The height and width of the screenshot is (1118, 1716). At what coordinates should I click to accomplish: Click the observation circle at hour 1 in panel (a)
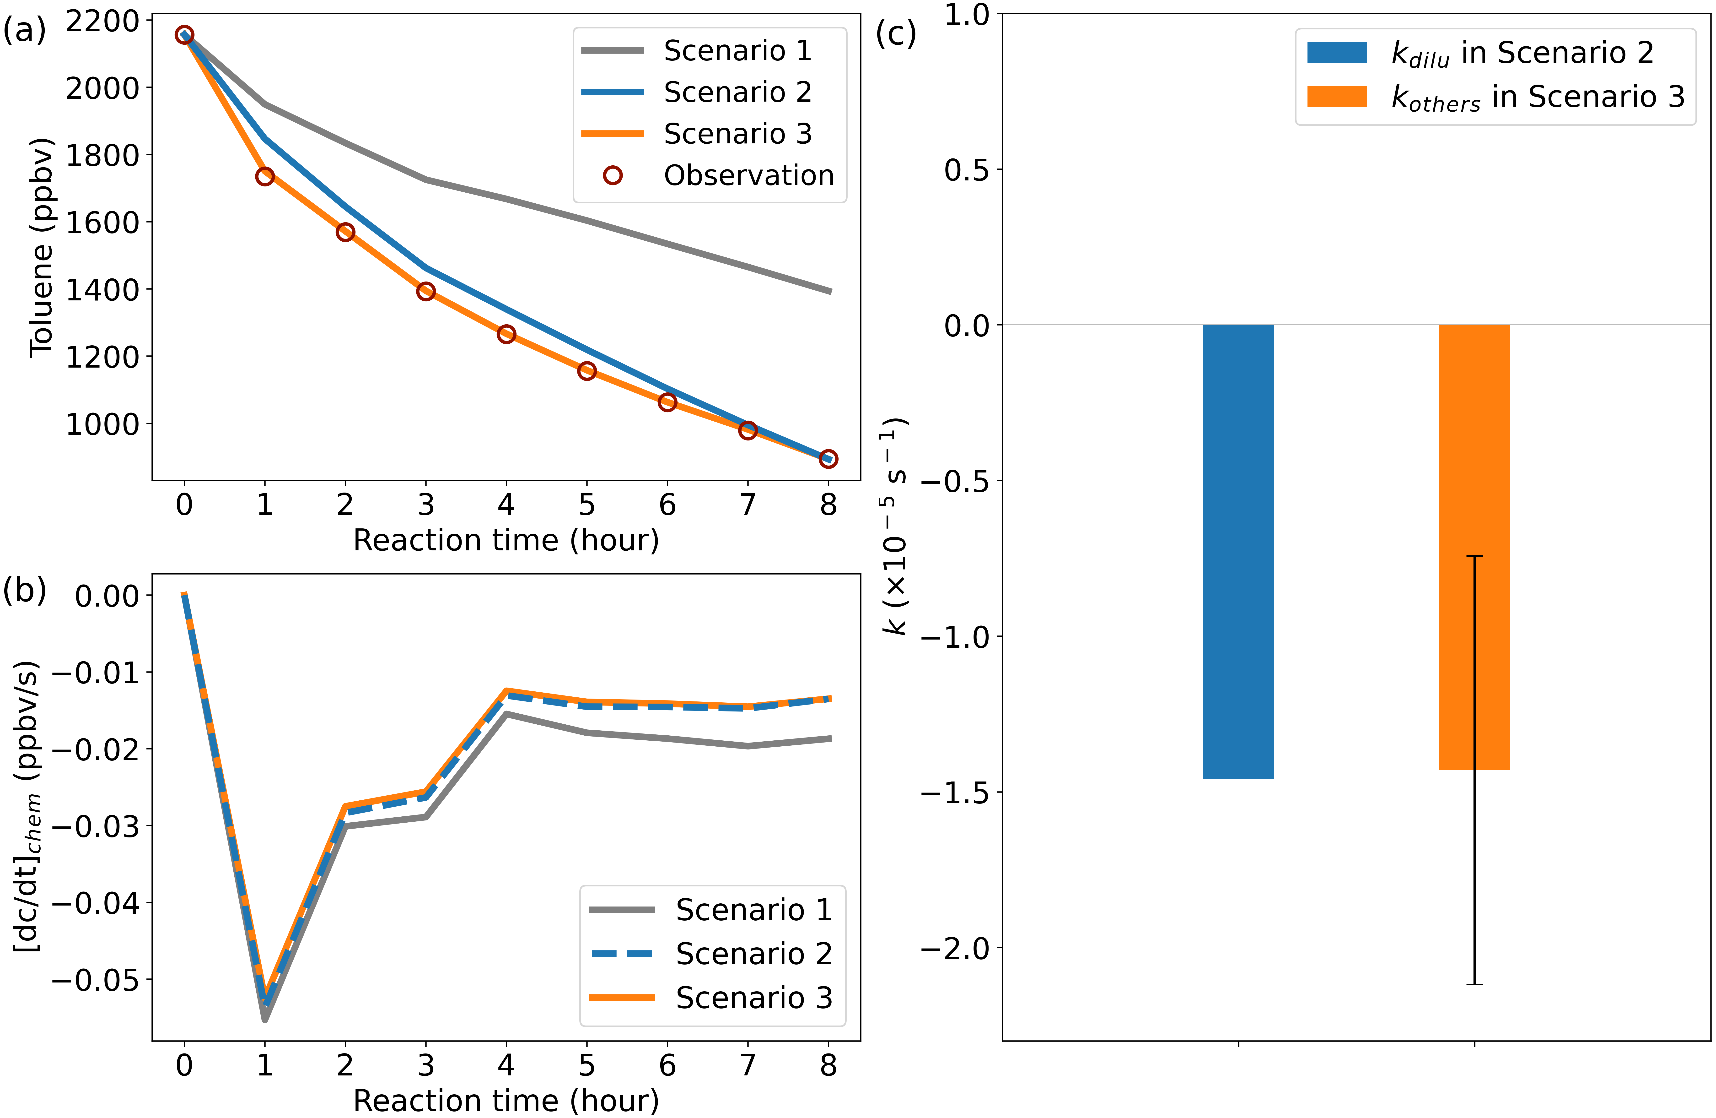tap(265, 176)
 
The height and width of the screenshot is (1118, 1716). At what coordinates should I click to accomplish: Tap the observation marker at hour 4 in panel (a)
tap(506, 334)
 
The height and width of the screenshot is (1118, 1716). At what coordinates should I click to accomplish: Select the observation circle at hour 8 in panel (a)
tap(828, 459)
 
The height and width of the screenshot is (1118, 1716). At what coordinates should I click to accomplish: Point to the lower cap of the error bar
tap(1474, 985)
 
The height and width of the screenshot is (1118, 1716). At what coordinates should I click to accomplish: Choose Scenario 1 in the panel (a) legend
tap(737, 50)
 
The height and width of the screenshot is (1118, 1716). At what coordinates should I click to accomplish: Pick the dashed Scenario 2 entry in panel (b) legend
tap(753, 954)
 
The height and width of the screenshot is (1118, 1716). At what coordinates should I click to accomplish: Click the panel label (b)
tap(25, 590)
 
